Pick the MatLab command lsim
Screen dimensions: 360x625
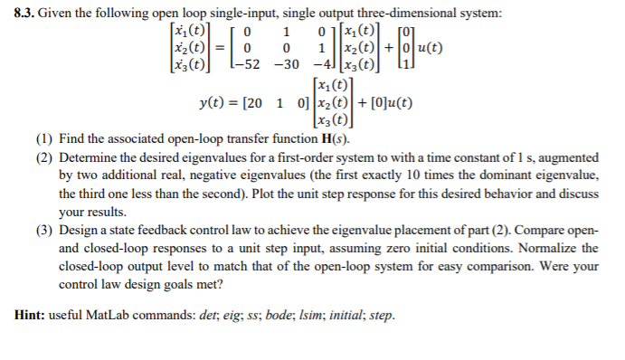tap(313, 317)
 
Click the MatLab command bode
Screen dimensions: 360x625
tap(279, 317)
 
